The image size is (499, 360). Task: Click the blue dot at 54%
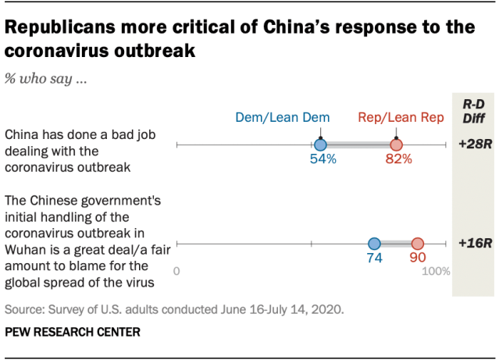click(319, 145)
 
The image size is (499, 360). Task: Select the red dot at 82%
click(396, 145)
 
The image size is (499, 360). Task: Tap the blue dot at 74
click(374, 244)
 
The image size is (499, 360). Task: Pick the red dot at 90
click(417, 244)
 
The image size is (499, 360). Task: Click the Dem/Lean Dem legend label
click(283, 118)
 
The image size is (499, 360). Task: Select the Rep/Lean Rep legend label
click(401, 118)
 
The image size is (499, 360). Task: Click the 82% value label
click(398, 160)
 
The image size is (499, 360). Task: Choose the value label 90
click(417, 258)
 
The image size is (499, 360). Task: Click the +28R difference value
click(473, 145)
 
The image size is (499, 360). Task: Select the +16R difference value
click(473, 244)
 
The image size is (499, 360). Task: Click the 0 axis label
click(177, 272)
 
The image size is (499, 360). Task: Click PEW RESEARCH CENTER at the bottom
click(73, 332)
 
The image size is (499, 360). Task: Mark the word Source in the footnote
click(23, 308)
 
